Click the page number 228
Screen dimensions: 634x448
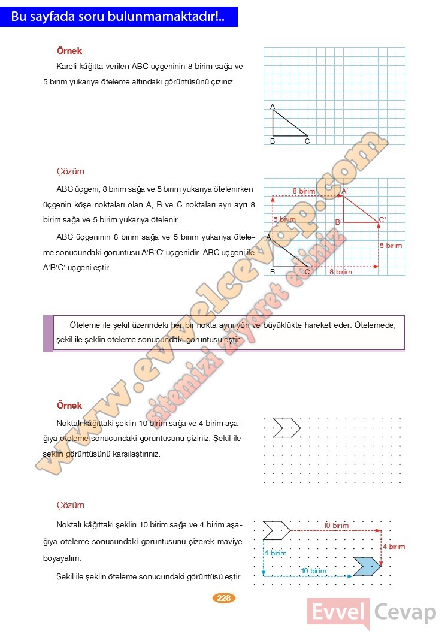click(x=224, y=597)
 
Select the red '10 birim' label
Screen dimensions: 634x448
click(x=335, y=526)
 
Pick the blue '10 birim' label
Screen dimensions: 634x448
click(x=314, y=571)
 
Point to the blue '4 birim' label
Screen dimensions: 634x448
click(x=276, y=553)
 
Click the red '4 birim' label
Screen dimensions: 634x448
click(x=393, y=547)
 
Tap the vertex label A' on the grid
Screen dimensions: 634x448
click(x=345, y=191)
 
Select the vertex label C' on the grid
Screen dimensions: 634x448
click(x=383, y=220)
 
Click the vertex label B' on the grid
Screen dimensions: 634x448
click(x=338, y=222)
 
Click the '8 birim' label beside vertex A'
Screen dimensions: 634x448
click(x=304, y=191)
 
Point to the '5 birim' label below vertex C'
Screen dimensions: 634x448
click(x=391, y=246)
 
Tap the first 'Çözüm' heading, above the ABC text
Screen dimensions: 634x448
click(x=71, y=171)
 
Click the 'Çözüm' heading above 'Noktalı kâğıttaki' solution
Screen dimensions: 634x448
click(x=71, y=505)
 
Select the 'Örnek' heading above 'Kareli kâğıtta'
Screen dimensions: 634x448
click(x=69, y=52)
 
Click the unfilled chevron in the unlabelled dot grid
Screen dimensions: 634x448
click(x=286, y=428)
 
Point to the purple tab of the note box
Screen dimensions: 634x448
click(x=48, y=333)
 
